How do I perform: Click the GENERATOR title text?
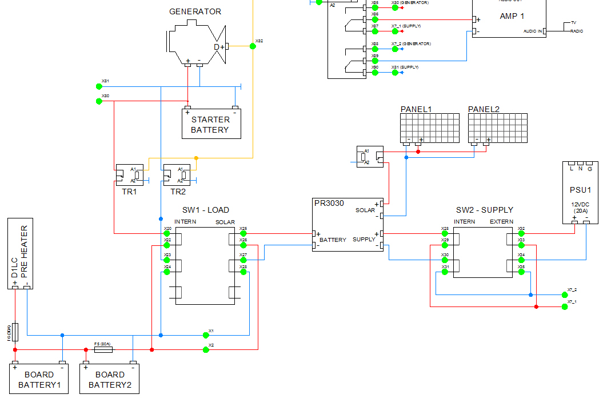[195, 11]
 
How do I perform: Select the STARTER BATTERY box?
[211, 124]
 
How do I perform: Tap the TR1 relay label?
[129, 192]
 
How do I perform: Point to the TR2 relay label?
[178, 192]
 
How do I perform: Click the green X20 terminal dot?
[167, 233]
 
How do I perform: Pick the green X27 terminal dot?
[243, 260]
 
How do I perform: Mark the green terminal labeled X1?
[205, 335]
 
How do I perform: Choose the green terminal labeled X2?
[205, 349]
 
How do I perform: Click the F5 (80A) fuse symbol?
[103, 349]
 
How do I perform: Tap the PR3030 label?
[329, 202]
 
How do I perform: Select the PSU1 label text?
[580, 189]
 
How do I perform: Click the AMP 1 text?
[512, 16]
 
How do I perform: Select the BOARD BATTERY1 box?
[39, 379]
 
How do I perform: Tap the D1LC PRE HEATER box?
[19, 253]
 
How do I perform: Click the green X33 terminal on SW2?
[521, 245]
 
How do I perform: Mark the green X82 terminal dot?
[253, 46]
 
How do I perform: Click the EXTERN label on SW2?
[501, 221]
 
